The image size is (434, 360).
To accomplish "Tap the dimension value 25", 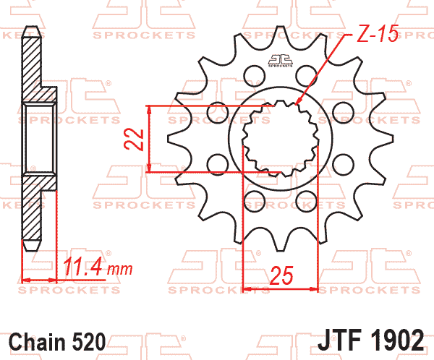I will (x=281, y=275).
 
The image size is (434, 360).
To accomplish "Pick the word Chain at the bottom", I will (x=37, y=340).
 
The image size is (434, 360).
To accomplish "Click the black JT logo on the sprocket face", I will (x=280, y=61).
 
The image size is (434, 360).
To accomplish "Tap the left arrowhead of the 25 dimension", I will (x=247, y=288).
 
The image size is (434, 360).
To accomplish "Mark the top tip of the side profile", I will (x=30, y=28).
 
